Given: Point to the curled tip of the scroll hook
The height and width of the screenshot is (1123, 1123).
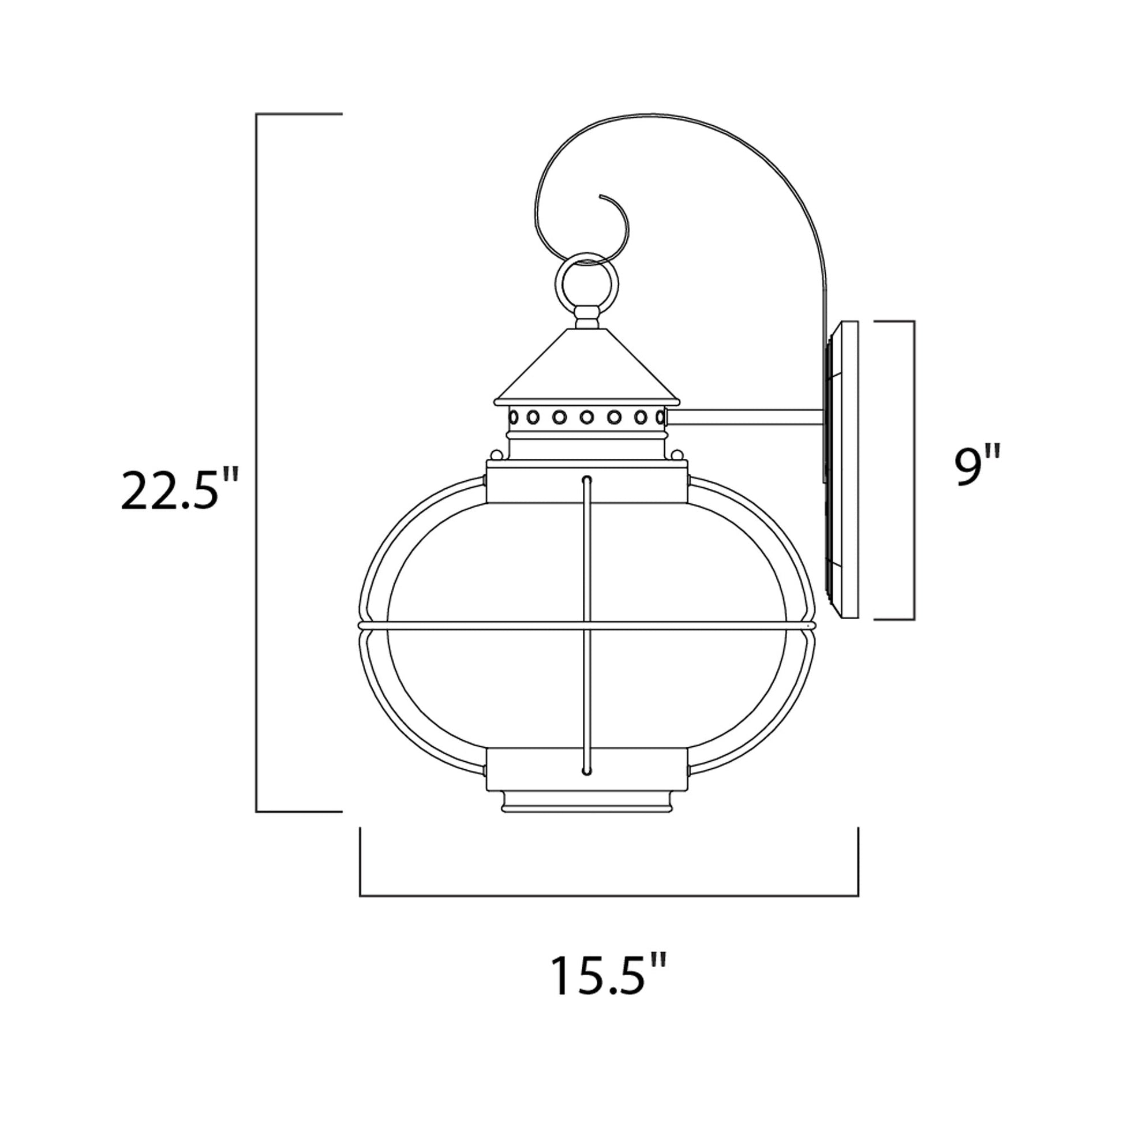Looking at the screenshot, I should (x=602, y=196).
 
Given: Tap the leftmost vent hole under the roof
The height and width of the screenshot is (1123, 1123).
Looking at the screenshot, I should (x=514, y=417).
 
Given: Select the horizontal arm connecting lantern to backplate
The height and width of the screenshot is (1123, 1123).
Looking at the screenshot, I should (x=744, y=417).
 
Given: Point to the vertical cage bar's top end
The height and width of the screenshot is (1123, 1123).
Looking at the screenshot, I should (x=586, y=480).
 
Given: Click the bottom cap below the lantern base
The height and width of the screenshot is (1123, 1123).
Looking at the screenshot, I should (x=586, y=802).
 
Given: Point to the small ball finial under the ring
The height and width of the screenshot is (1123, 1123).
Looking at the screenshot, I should (x=586, y=319).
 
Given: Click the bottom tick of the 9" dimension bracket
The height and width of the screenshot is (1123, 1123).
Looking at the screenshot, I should (x=895, y=620).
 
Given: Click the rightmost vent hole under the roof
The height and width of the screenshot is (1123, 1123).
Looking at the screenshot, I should (x=660, y=417).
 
